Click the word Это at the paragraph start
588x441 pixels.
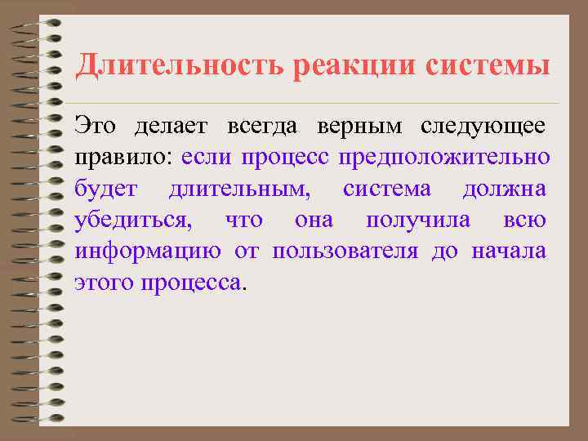tap(94, 126)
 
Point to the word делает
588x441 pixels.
tap(167, 126)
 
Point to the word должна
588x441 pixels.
tap(504, 189)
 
